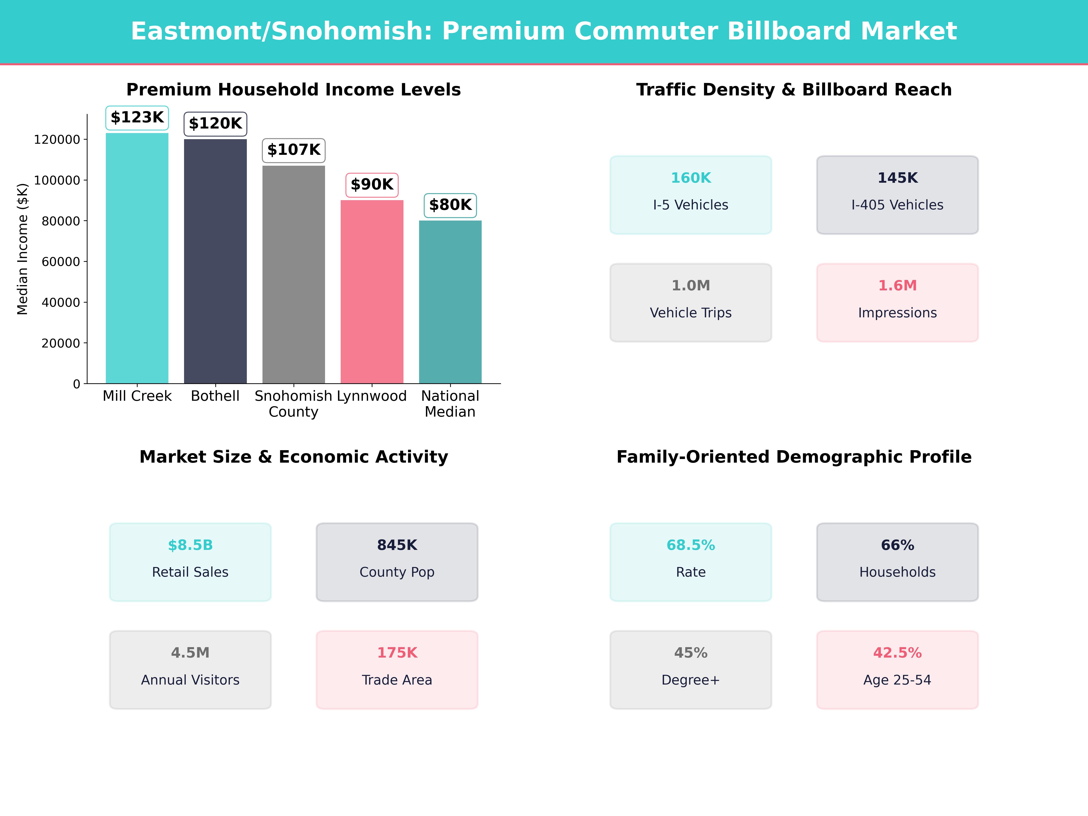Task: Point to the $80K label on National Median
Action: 450,205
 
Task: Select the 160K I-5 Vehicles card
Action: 691,195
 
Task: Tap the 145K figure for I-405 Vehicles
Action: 897,178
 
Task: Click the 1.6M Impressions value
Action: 897,286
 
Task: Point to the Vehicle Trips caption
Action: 691,313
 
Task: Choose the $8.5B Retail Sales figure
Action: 190,546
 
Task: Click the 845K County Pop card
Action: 397,562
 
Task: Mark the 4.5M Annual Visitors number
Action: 190,653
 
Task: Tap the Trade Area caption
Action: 397,680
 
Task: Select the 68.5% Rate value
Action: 691,546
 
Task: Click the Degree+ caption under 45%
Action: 691,680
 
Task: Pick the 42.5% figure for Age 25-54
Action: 897,653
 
